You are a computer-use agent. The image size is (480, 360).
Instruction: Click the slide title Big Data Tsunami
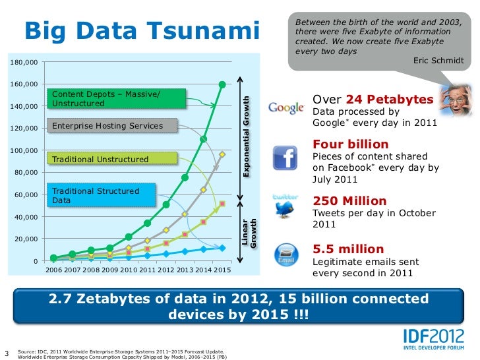pyautogui.click(x=142, y=30)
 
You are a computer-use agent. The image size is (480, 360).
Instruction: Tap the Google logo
pyautogui.click(x=285, y=107)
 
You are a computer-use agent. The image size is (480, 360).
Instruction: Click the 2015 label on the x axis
pyautogui.click(x=222, y=270)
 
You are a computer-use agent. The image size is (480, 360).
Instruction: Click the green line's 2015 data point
pyautogui.click(x=222, y=84)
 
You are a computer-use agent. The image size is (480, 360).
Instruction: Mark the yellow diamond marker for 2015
pyautogui.click(x=222, y=154)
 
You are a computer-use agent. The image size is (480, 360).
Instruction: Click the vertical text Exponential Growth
pyautogui.click(x=247, y=135)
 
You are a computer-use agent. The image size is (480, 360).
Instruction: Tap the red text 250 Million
pyautogui.click(x=349, y=201)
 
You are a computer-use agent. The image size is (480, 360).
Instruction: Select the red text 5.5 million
pyautogui.click(x=348, y=249)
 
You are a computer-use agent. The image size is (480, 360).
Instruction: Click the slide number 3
pyautogui.click(x=7, y=351)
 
